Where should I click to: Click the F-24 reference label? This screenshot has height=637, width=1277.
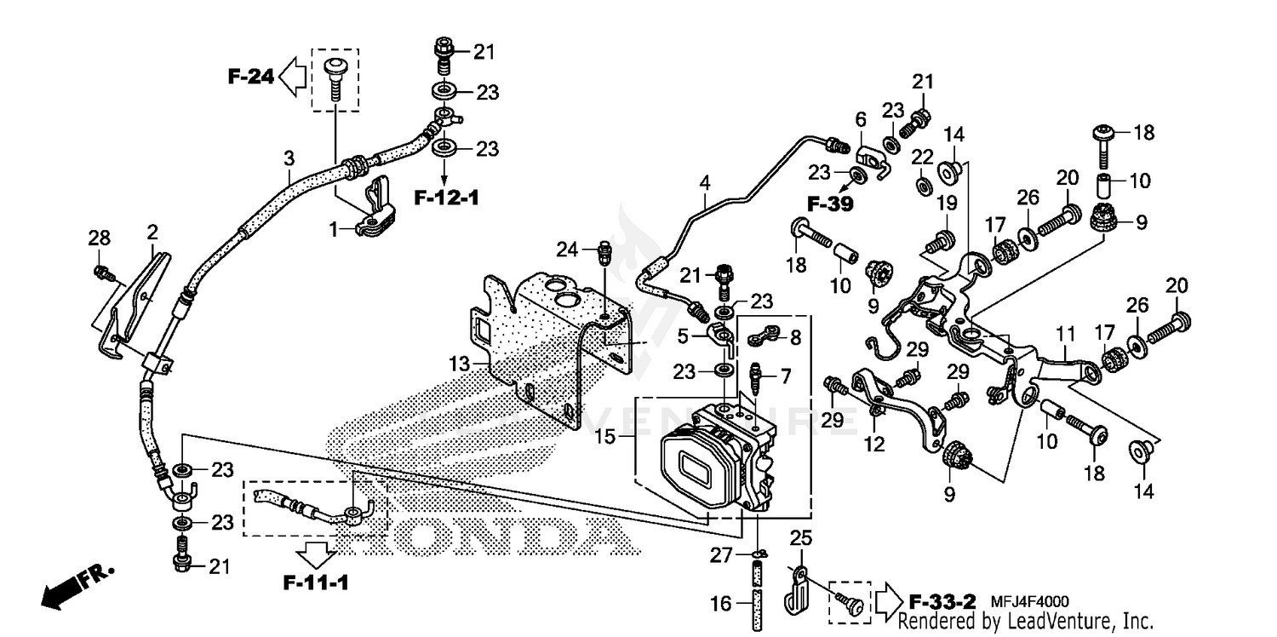(250, 77)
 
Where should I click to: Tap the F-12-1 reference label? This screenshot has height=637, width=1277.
(446, 198)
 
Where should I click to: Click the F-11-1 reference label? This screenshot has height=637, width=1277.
(317, 583)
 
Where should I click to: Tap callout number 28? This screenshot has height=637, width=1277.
(100, 241)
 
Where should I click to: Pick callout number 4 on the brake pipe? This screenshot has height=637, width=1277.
(704, 181)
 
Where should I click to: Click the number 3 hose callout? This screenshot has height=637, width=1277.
(289, 158)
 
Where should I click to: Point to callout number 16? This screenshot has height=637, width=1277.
(721, 604)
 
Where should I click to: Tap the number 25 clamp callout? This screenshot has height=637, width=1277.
(799, 537)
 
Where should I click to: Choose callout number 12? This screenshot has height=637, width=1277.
(874, 444)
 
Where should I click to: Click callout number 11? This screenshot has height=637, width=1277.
(1066, 332)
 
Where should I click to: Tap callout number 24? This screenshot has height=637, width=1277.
(568, 250)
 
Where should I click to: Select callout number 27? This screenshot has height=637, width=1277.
(721, 555)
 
